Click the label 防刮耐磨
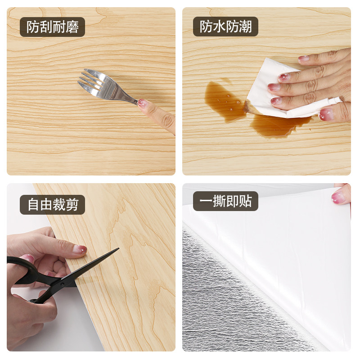point(53,27)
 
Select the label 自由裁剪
point(53,205)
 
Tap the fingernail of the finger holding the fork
point(143,103)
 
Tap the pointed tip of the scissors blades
point(117,249)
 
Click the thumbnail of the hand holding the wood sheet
point(80,249)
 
